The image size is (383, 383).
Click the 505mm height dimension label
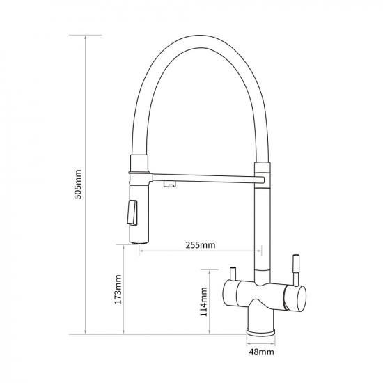pyautogui.click(x=78, y=185)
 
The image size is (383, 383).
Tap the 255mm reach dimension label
pyautogui.click(x=201, y=244)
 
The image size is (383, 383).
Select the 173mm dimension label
pyautogui.click(x=118, y=290)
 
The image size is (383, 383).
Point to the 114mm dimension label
pyautogui.click(x=204, y=302)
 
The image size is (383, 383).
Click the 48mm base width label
pyautogui.click(x=261, y=352)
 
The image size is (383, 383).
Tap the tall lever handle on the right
pyautogui.click(x=296, y=270)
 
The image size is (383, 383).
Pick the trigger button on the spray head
pyautogui.click(x=132, y=212)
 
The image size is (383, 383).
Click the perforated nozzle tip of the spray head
pyautogui.click(x=139, y=242)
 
